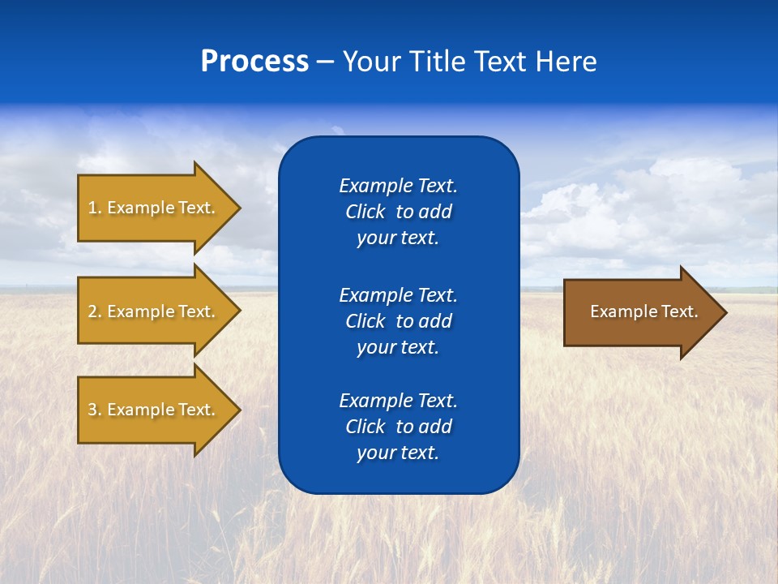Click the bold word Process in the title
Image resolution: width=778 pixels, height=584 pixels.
[x=254, y=62]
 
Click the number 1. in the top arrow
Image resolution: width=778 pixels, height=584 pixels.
[x=95, y=208]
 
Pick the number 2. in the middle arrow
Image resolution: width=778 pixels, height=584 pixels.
[x=95, y=311]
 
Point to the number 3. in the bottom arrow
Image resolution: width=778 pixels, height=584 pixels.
[x=95, y=410]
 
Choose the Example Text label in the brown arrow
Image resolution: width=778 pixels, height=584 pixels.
[x=643, y=311]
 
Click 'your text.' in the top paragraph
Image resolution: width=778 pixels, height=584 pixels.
[x=398, y=238]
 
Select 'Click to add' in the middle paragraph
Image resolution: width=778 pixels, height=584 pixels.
[x=398, y=321]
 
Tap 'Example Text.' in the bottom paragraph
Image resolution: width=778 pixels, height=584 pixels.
[x=398, y=401]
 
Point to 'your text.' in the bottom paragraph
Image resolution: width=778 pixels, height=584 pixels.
[x=398, y=453]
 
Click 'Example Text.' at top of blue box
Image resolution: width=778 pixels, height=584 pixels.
[x=398, y=186]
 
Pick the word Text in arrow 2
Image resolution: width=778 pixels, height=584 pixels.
[x=196, y=311]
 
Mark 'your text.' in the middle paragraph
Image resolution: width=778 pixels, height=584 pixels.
[x=398, y=348]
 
